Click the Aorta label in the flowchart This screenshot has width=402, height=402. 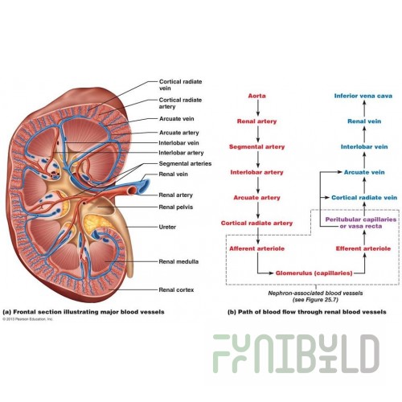click(256, 96)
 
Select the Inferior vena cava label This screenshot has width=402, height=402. click(363, 96)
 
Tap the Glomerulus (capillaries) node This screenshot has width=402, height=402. click(314, 273)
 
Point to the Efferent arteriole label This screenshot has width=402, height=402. click(363, 248)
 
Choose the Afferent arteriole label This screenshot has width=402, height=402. click(256, 248)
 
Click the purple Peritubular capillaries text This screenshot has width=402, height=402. click(361, 219)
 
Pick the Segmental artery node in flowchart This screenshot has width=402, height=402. click(256, 146)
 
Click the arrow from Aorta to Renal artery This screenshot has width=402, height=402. click(258, 108)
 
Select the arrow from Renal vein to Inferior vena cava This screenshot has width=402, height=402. click(364, 108)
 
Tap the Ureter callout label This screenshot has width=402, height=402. click(167, 227)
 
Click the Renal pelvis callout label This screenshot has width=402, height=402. click(175, 207)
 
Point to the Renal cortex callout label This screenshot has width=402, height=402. click(176, 289)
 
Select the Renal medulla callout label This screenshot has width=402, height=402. click(178, 261)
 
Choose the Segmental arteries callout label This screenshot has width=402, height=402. click(185, 163)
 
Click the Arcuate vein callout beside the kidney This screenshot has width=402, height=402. click(176, 119)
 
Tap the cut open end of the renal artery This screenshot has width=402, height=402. click(132, 191)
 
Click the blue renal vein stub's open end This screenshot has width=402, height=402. click(145, 184)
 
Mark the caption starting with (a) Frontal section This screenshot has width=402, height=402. click(84, 312)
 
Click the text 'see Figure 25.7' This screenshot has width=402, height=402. click(315, 300)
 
